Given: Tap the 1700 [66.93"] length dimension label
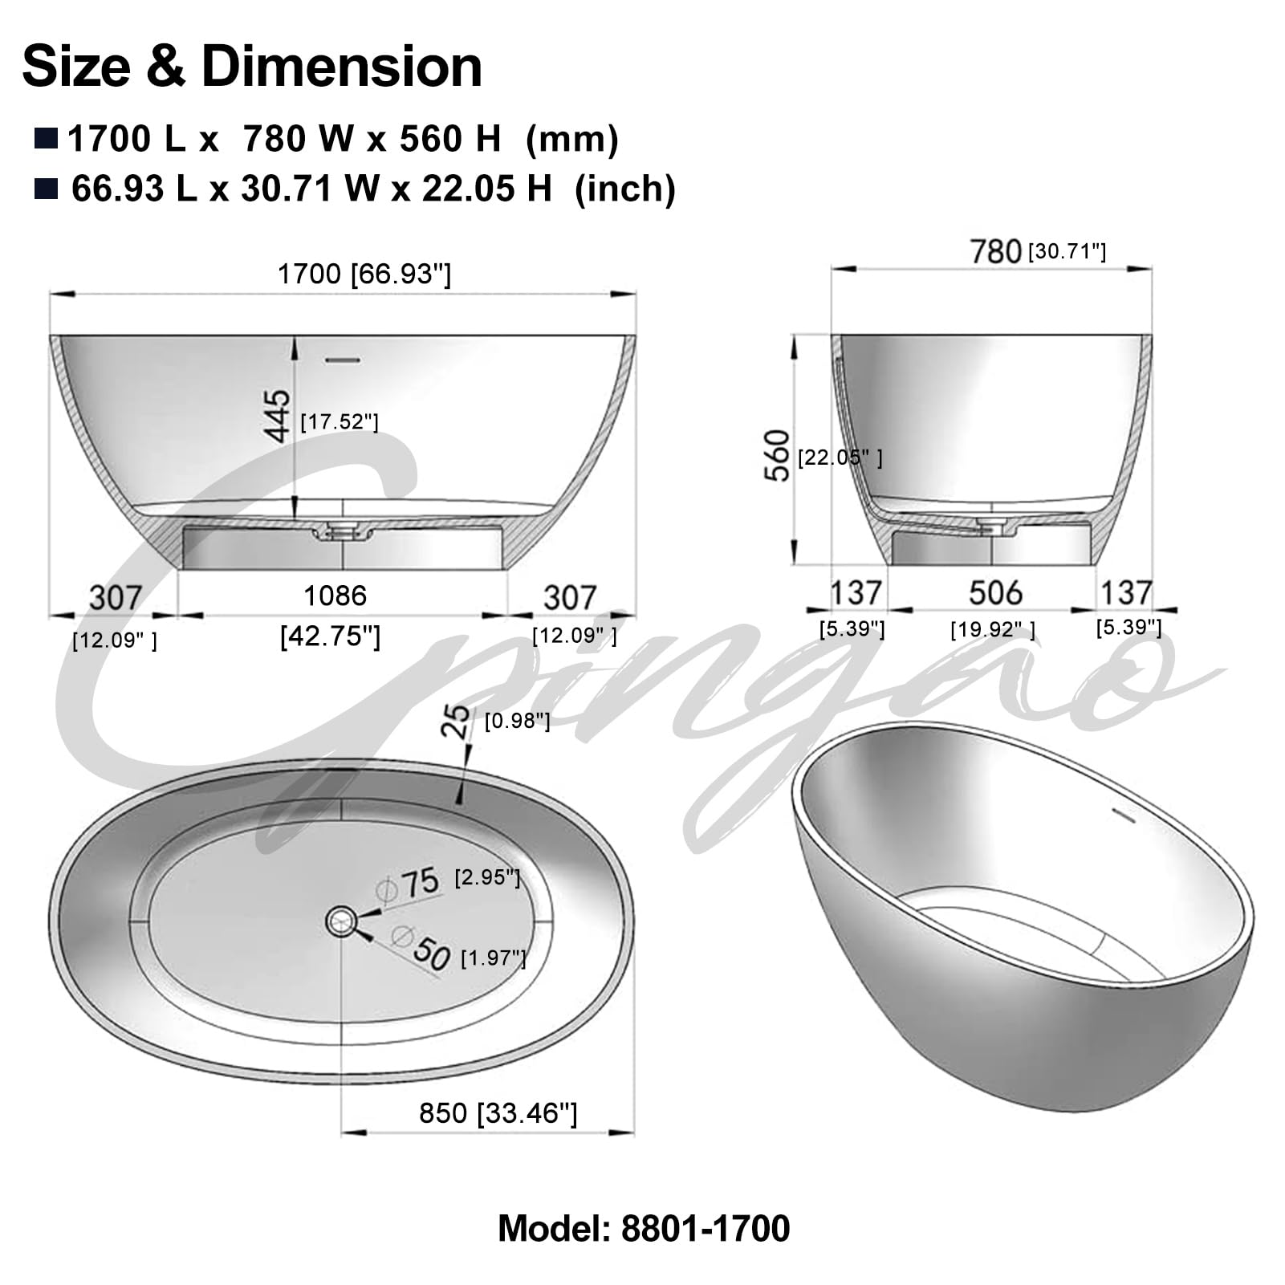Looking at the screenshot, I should pos(364,274).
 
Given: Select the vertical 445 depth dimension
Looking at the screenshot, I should pos(278,415).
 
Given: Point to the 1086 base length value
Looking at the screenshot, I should pos(335,596).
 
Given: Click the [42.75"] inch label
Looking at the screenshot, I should pos(330,636).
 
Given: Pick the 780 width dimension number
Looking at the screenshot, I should pos(995,252).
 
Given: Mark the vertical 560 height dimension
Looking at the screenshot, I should pos(777,455).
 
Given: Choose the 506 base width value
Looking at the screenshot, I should pos(995,593).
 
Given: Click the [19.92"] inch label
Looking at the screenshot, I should pos(993,630).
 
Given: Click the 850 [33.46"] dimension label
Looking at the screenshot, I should pos(498,1113).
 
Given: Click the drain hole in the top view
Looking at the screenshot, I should pos(342,921).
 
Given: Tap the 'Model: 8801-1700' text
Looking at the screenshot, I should pos(644,1229).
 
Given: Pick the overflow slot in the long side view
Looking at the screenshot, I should pos(343,360).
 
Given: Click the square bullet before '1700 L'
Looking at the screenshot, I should pos(46,138).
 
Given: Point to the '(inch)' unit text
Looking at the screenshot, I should pos(624,189).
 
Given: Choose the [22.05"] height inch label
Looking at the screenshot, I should pos(840,457).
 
